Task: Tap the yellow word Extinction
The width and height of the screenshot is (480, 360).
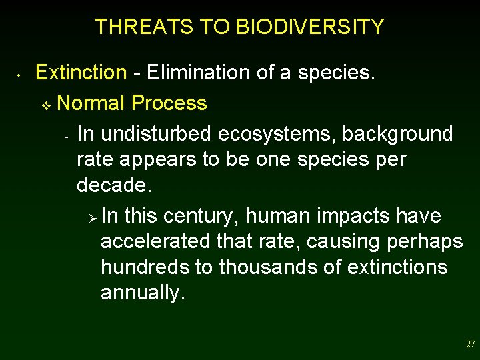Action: coord(81,72)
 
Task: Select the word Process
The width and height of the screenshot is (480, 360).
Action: coord(169,103)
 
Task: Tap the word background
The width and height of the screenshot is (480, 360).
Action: coord(398,134)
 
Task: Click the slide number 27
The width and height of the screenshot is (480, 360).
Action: coord(470,345)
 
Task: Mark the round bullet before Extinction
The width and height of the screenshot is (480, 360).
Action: coord(21,74)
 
